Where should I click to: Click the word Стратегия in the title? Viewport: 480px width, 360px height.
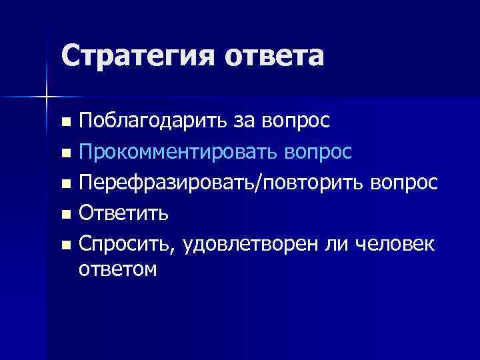(137, 56)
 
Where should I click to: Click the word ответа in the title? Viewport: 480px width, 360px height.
(274, 56)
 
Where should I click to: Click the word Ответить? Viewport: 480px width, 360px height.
(123, 214)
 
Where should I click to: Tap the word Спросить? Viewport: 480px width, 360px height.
(126, 245)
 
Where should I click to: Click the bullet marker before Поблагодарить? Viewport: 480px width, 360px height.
(65, 123)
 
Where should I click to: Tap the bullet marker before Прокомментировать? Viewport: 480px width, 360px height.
(65, 153)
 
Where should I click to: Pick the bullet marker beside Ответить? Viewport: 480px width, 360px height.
(65, 215)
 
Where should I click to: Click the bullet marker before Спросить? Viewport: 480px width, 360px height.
(65, 245)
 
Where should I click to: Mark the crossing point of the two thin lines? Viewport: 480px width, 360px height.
(46, 97)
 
